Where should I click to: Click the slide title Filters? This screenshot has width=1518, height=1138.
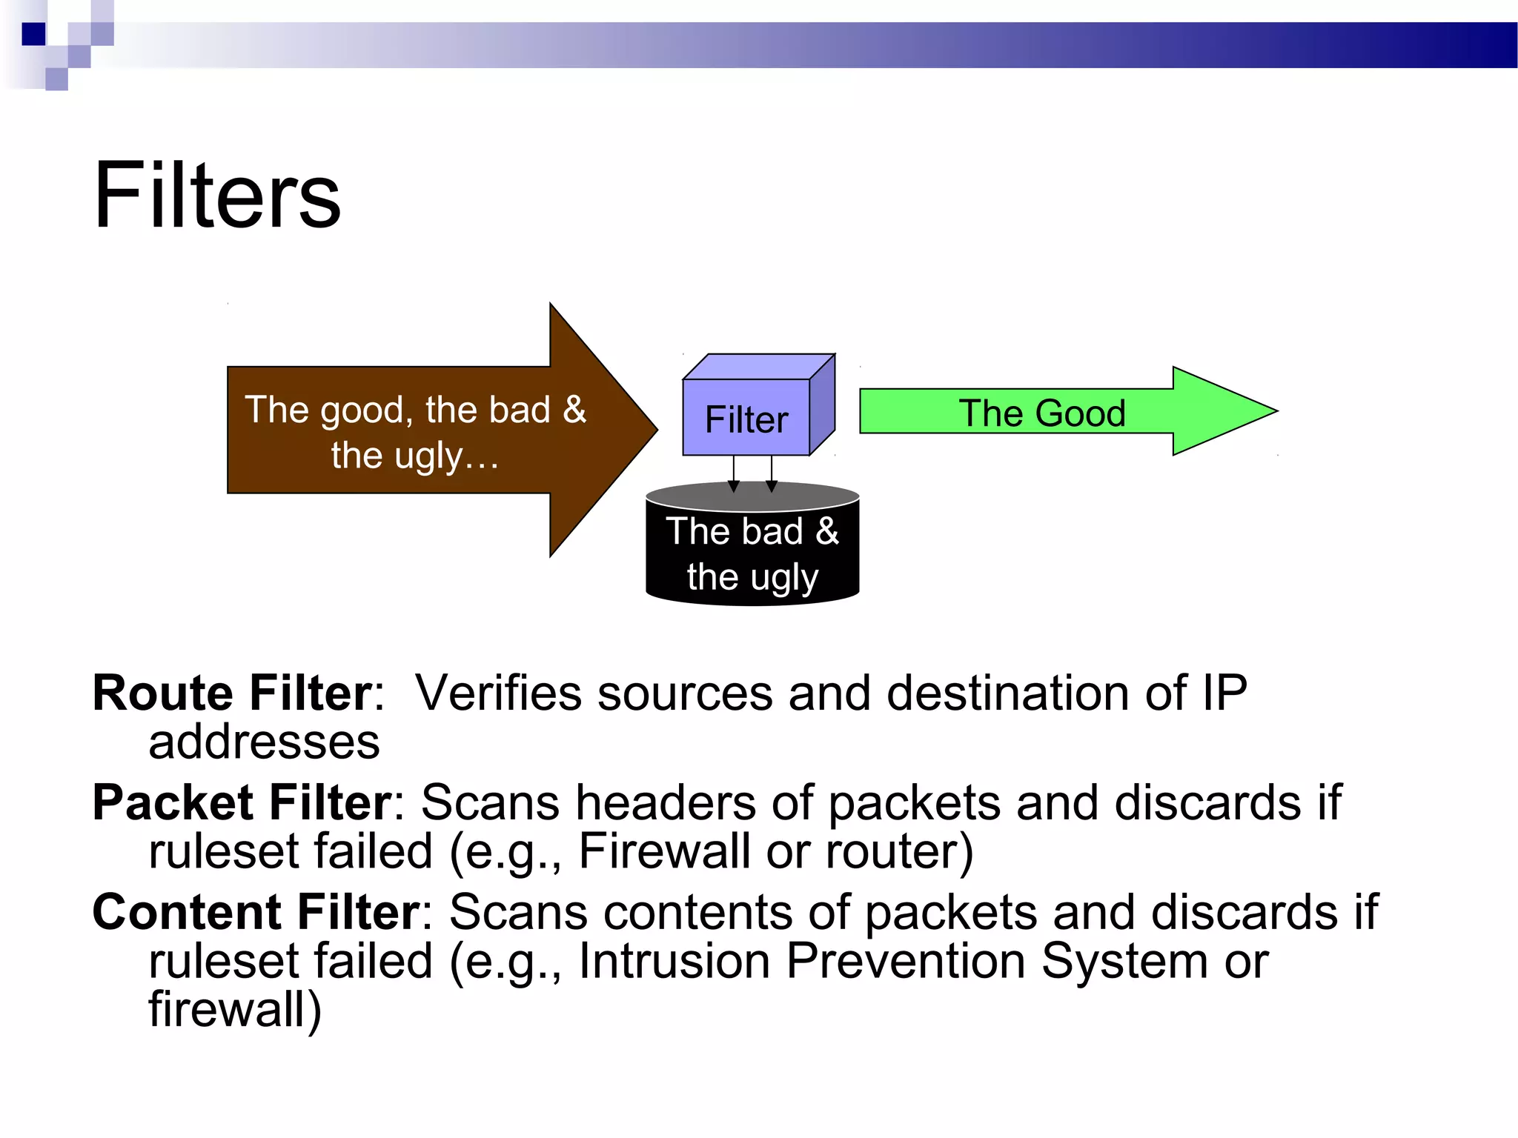216,196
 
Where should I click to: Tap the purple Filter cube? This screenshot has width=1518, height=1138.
746,419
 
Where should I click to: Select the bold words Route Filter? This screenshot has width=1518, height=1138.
232,693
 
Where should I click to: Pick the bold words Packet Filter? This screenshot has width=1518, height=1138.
242,802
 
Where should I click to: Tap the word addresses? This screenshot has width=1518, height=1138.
264,742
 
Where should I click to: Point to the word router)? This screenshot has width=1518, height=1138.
899,851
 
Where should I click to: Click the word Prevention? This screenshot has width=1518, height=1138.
906,961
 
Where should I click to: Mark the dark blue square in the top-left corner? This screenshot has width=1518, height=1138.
33,34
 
